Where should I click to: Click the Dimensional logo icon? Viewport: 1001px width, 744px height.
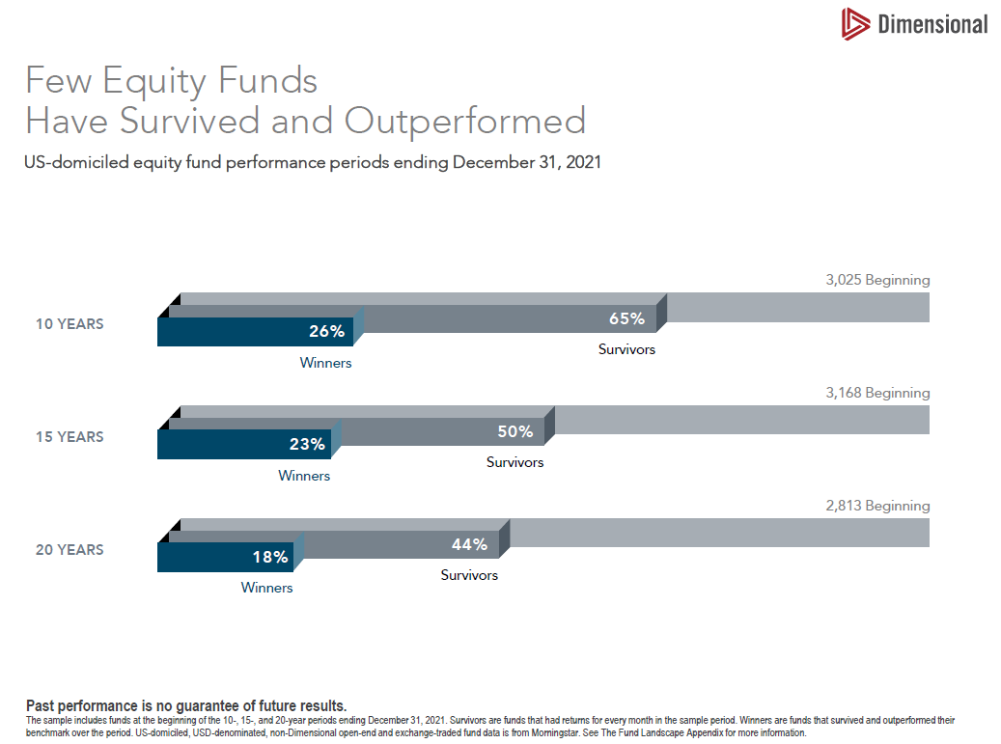pos(855,24)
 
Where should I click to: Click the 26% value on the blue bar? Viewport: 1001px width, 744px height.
pos(327,332)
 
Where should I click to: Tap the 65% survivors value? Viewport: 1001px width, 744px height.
pos(626,318)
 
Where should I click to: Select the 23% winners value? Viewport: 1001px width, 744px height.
pos(307,445)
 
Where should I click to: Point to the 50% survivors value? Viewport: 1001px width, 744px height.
pos(514,431)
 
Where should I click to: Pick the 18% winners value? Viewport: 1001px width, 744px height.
pos(270,557)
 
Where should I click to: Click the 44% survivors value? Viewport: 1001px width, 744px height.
pos(469,544)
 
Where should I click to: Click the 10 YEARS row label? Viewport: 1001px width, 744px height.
pos(70,324)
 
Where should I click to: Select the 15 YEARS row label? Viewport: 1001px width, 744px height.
pos(70,437)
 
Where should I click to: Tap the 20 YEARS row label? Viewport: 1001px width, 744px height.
pos(70,550)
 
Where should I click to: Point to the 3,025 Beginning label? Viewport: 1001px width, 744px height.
pos(877,280)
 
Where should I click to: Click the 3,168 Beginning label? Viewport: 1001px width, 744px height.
pos(877,393)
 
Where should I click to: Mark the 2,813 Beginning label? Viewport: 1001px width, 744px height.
pos(877,506)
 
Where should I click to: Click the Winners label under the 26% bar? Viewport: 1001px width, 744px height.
pos(325,364)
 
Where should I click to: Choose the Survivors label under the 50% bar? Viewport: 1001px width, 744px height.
pos(514,462)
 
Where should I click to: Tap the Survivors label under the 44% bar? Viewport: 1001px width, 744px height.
pos(469,575)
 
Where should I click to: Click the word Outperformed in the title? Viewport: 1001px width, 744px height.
pos(465,122)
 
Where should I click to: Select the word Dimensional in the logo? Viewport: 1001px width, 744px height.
pos(932,25)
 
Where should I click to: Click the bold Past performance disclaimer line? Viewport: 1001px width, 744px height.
pos(186,705)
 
